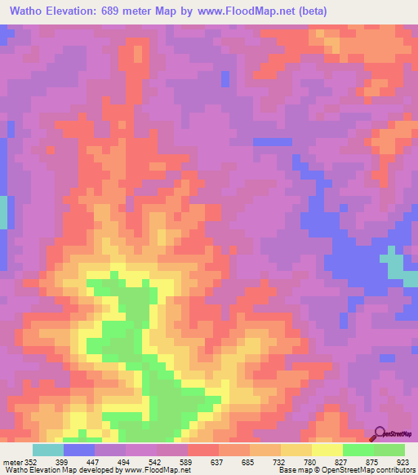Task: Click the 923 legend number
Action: (402, 461)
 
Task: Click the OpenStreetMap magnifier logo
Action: (380, 433)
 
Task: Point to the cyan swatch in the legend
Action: (48, 450)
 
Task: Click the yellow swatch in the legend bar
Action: (327, 450)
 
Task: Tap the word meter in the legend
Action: (11, 461)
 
